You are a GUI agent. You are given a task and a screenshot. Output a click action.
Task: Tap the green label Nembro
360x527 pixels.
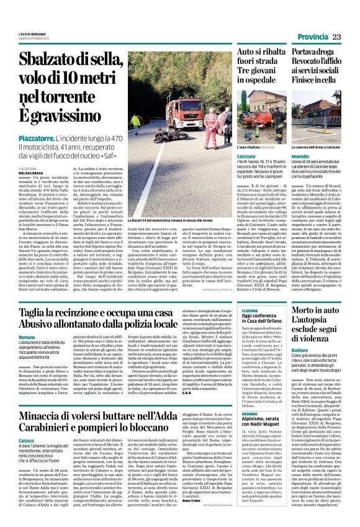(x=232, y=413)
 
